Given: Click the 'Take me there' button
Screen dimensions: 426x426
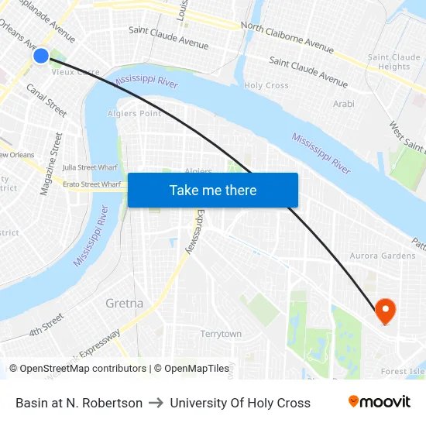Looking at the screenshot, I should click(212, 191).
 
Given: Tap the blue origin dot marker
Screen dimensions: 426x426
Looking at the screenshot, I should click(41, 55).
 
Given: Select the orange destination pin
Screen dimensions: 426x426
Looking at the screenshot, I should click(385, 312).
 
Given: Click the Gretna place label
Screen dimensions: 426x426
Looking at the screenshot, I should click(124, 303).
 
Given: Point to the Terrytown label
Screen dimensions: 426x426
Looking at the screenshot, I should click(221, 334).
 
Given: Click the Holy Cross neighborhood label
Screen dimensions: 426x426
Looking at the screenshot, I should click(266, 86).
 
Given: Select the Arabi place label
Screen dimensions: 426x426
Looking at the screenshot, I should click(343, 104).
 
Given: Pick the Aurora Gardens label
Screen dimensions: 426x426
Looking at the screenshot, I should click(383, 256).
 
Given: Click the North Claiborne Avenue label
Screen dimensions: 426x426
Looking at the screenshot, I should click(287, 37).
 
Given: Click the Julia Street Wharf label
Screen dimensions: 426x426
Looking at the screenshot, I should click(89, 167).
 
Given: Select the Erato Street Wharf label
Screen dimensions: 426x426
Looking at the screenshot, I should click(91, 184).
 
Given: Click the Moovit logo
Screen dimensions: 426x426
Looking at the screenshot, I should click(379, 402).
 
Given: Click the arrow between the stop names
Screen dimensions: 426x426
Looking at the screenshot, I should click(156, 403).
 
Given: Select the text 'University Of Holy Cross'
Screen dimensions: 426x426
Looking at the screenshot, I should click(240, 403).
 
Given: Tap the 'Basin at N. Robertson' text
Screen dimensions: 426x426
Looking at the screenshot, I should click(79, 403).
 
